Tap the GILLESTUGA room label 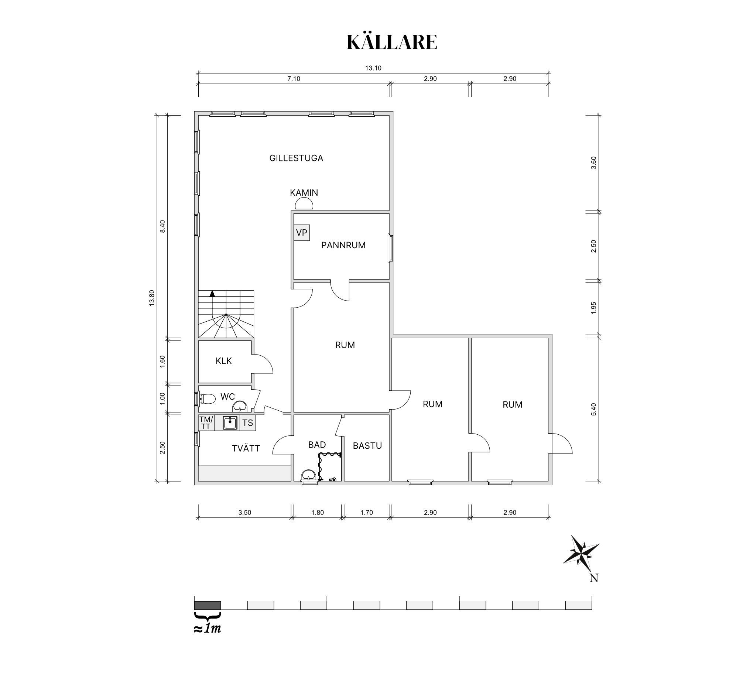(296, 158)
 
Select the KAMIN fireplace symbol (304, 204)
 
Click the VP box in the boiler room (302, 232)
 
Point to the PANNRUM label (343, 245)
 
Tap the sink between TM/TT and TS (230, 422)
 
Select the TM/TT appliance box (206, 422)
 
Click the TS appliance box (248, 422)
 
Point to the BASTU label (367, 446)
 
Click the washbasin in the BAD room (309, 475)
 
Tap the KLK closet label (224, 361)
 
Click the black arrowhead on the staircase (212, 294)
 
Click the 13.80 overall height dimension (152, 298)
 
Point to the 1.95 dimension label (593, 308)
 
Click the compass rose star (582, 552)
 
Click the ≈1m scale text (208, 629)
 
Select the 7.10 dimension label (294, 79)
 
